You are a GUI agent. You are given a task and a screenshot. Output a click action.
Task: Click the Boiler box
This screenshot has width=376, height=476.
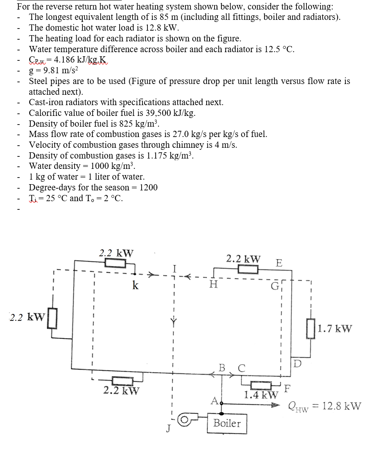point(227,423)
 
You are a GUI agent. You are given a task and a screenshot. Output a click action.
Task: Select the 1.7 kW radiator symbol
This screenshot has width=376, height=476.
point(311,329)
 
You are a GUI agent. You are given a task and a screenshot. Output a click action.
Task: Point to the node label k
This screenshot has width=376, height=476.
point(135,285)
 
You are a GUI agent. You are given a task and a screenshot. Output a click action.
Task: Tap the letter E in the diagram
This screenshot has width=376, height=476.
point(279,263)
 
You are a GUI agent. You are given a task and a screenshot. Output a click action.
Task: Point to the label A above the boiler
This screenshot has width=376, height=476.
point(214,400)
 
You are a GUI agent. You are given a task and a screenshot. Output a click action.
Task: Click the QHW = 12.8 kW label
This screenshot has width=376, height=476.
point(324,406)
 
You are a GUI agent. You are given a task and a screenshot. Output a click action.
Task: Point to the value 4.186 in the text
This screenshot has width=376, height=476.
point(65,60)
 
